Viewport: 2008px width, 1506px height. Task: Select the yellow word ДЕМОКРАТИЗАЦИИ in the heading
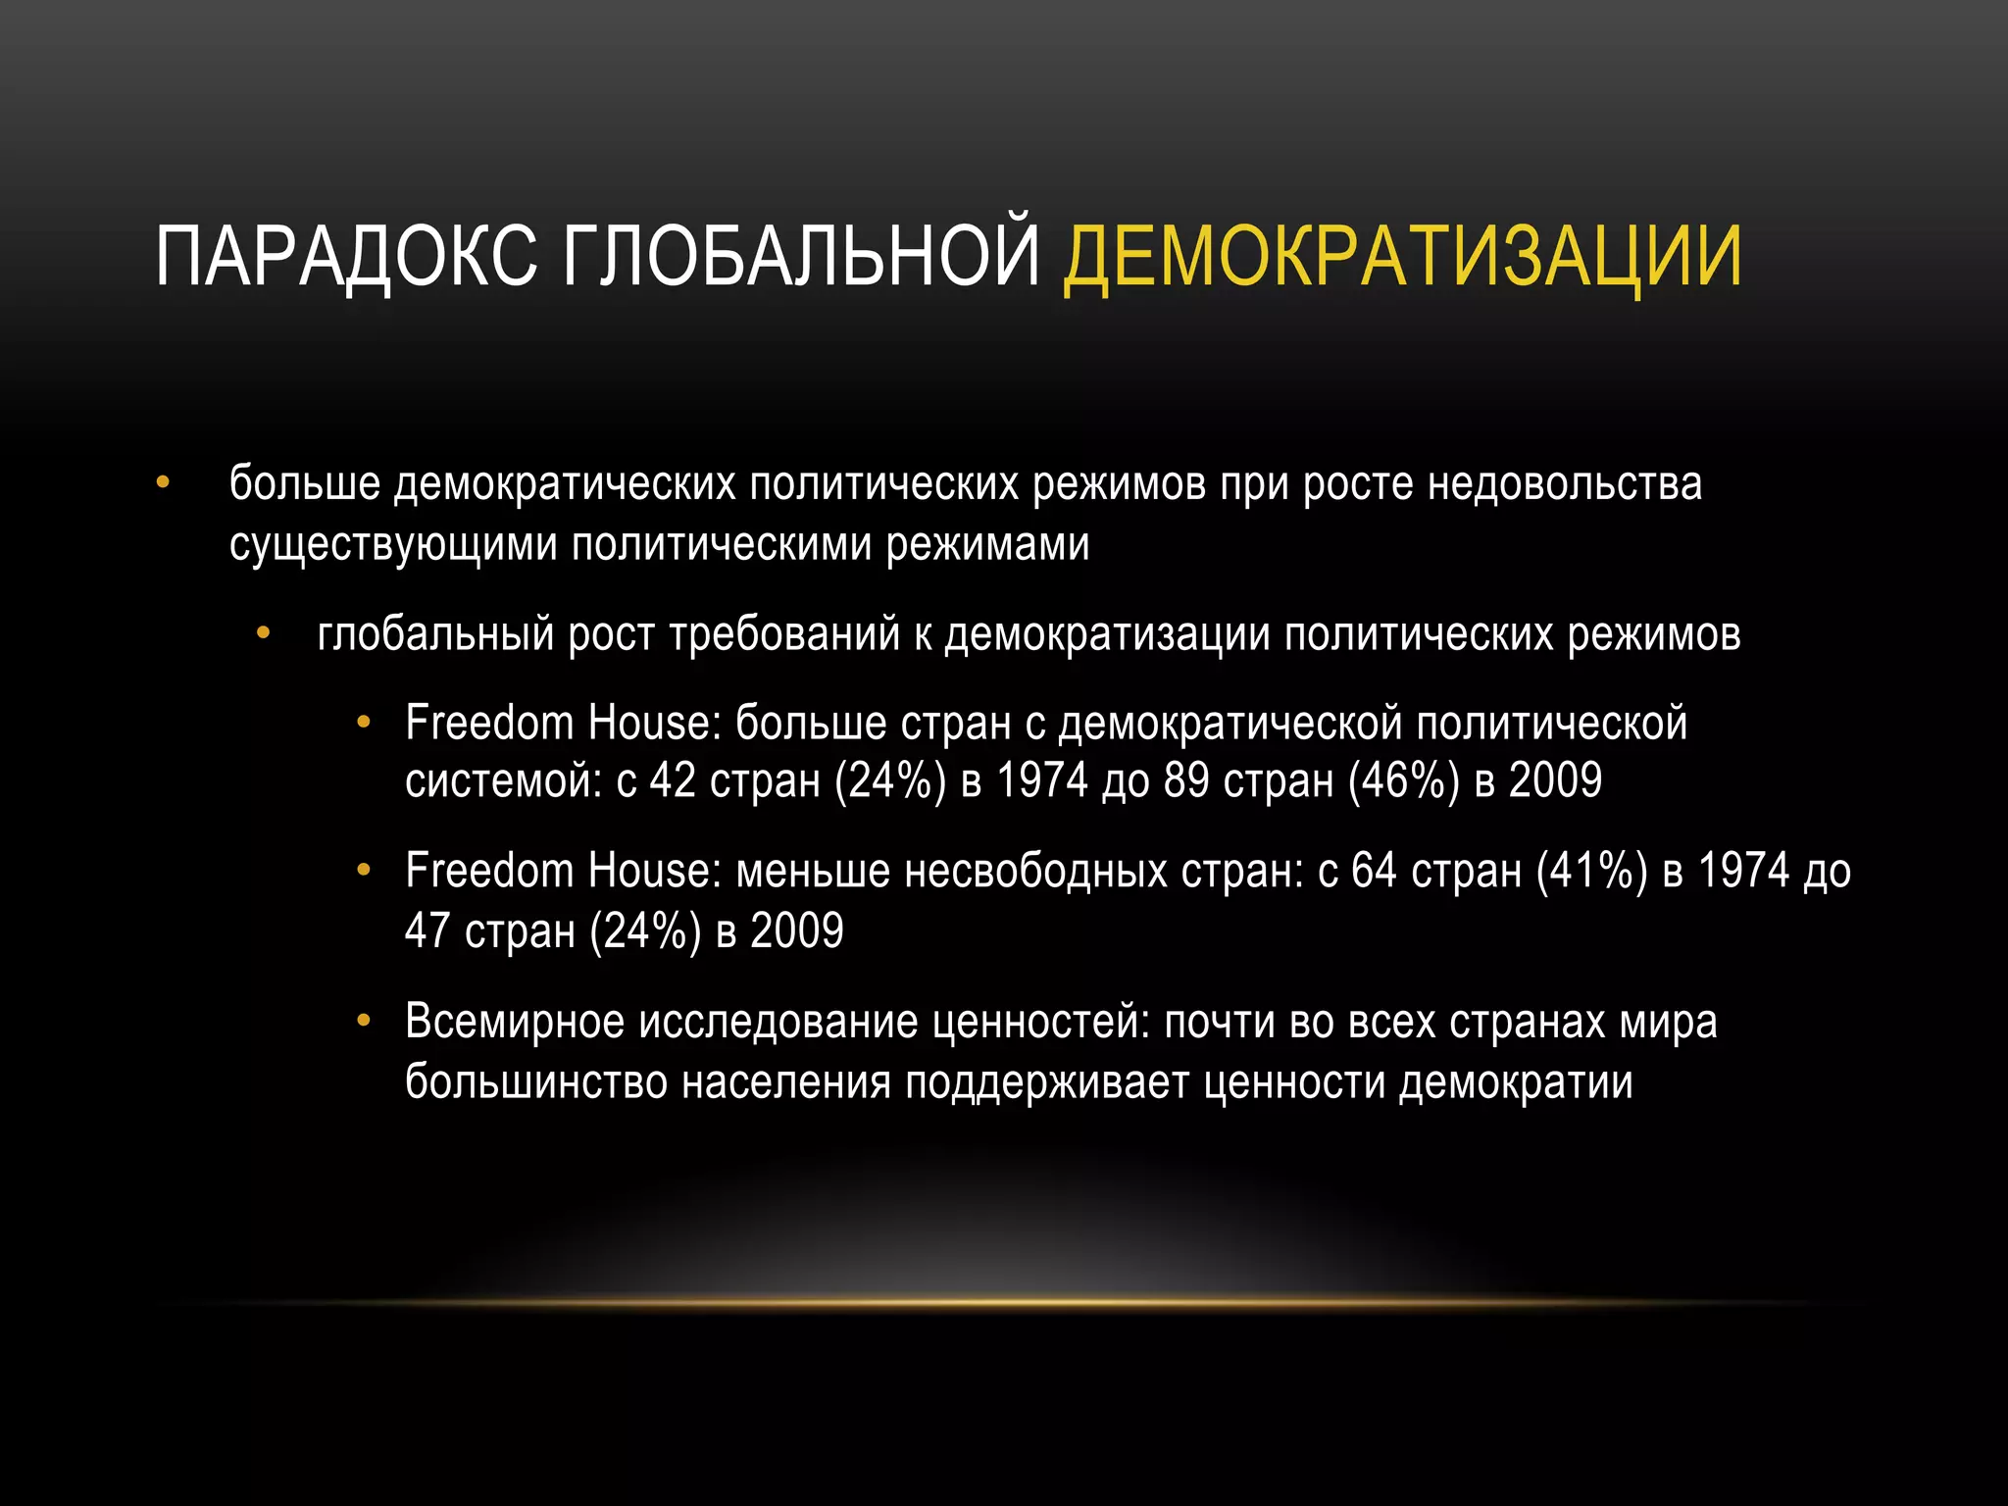point(1403,257)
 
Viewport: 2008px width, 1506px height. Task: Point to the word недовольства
point(1565,484)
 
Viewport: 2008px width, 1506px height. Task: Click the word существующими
point(392,545)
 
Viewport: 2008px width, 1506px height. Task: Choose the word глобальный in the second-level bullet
point(435,634)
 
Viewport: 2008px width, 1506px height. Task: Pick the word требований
point(784,634)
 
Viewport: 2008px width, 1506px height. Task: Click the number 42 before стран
point(673,781)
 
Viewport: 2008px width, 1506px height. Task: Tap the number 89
point(1186,781)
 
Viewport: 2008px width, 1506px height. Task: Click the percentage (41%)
point(1592,871)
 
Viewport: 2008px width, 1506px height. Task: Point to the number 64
point(1374,871)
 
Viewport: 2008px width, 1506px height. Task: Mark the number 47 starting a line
point(427,930)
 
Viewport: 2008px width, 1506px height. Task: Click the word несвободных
point(1035,871)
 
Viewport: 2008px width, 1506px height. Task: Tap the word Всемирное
point(515,1022)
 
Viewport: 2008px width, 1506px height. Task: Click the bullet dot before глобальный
point(263,634)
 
